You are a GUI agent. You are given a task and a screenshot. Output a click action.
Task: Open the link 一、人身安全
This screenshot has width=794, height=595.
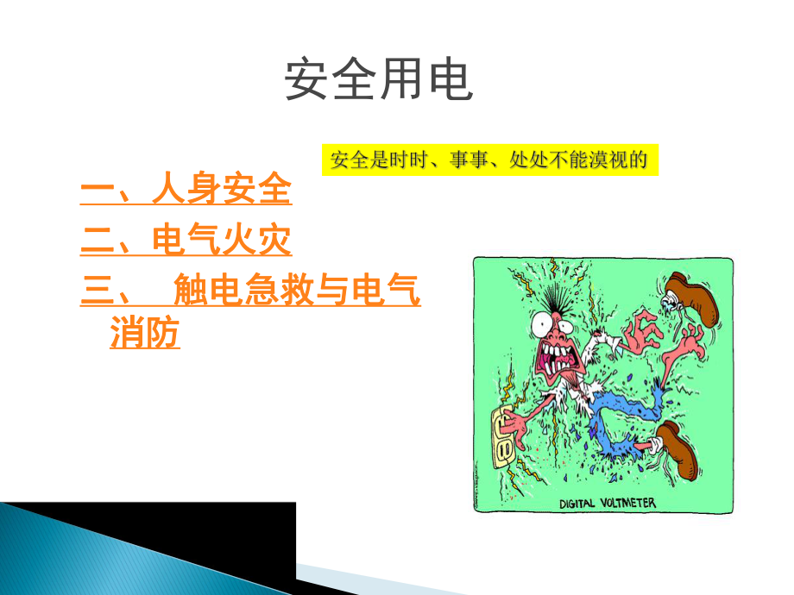[186, 191]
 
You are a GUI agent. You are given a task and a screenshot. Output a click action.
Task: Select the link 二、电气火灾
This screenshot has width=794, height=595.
[186, 241]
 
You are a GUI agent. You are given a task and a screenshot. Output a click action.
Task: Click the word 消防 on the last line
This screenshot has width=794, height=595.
[145, 334]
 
